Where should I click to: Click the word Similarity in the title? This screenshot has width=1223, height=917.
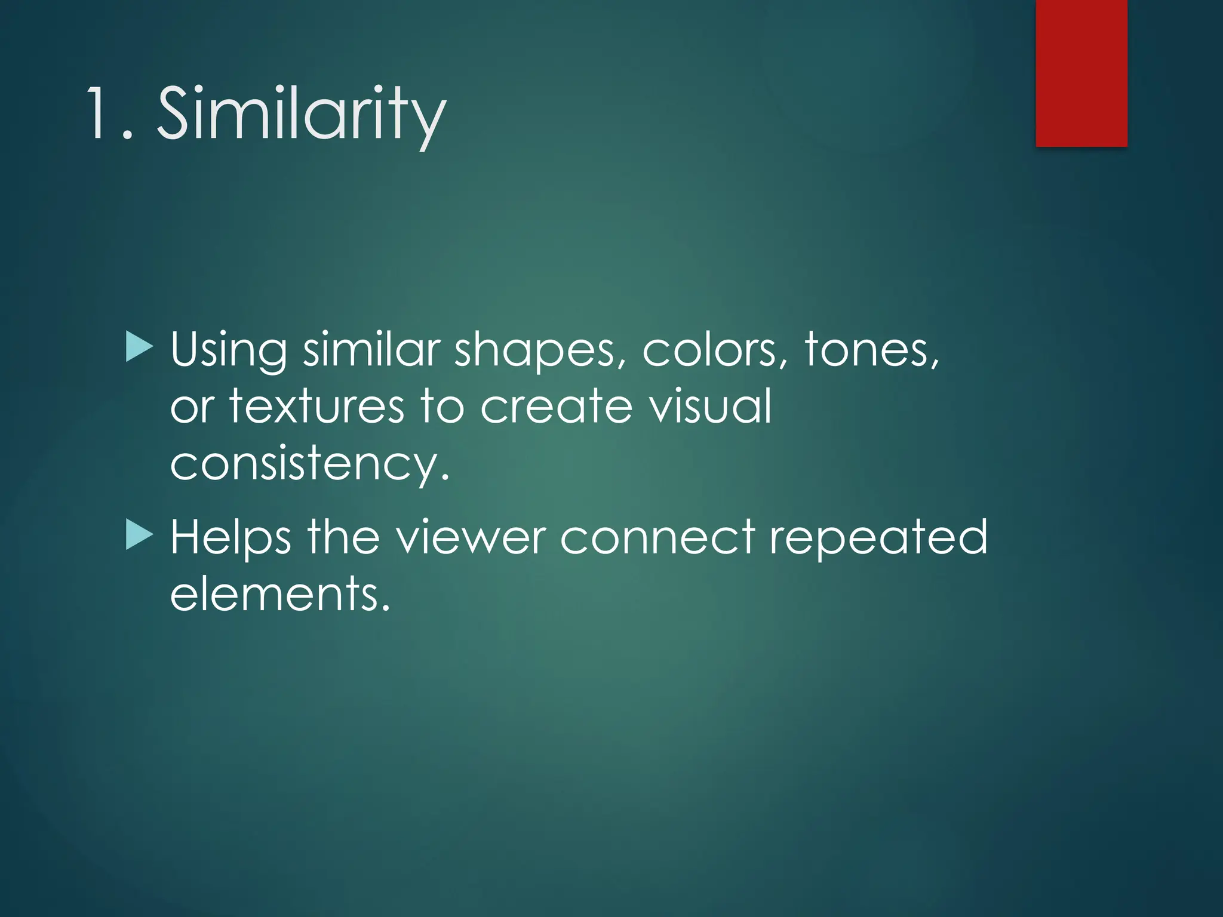301,113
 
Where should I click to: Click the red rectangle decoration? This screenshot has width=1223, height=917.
1081,72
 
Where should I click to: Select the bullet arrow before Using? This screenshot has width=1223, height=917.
140,347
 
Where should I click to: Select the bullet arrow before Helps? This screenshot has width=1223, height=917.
140,535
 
